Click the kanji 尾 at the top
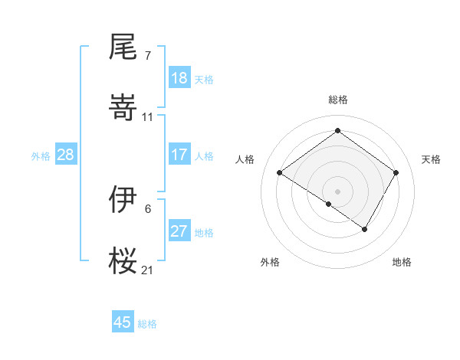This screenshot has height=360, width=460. [x=123, y=48]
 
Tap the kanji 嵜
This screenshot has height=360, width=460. [x=123, y=108]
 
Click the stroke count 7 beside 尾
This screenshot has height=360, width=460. [x=147, y=56]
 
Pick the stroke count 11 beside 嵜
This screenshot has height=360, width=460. [x=147, y=116]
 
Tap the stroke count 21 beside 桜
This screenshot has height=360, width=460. [x=147, y=270]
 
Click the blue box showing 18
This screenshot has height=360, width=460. [x=179, y=78]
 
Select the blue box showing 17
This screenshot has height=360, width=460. [x=179, y=155]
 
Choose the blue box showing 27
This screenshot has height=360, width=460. [x=179, y=231]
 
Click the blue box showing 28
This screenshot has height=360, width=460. [x=65, y=155]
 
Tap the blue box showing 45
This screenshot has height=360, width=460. [x=122, y=322]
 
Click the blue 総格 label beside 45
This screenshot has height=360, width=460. [x=147, y=324]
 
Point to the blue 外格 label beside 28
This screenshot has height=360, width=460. [x=41, y=156]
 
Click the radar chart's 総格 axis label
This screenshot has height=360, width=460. [x=337, y=100]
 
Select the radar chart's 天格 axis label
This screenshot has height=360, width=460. [x=431, y=159]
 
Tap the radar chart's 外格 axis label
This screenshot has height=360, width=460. [x=270, y=262]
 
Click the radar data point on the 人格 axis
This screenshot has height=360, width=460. [x=279, y=173]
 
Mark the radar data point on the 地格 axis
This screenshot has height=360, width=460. [x=365, y=229]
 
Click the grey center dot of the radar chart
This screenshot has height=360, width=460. [x=337, y=191]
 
